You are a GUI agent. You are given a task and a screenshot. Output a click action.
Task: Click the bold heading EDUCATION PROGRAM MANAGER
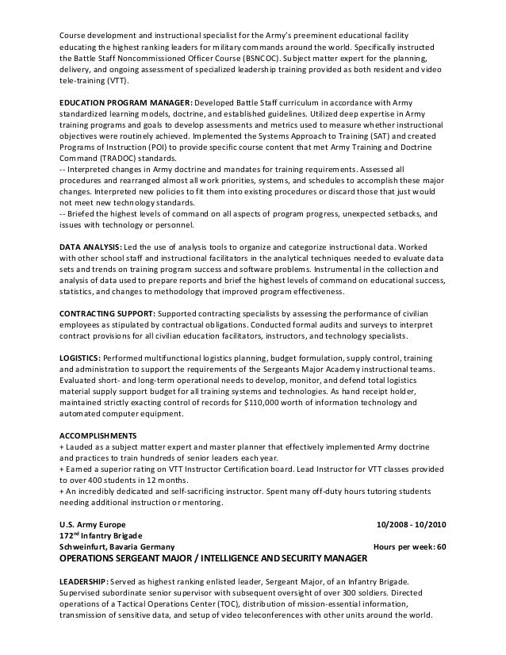tap(125, 104)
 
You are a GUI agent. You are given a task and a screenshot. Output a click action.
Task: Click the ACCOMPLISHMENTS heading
tap(98, 436)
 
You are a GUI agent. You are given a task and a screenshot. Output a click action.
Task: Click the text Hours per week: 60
tap(409, 548)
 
